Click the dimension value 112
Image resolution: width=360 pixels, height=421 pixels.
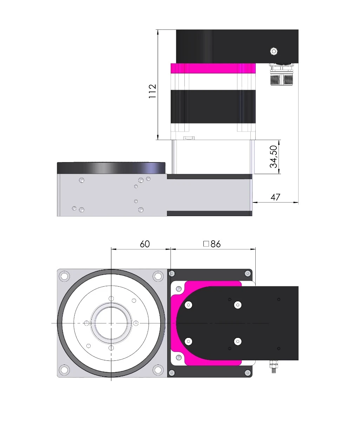tap(152, 91)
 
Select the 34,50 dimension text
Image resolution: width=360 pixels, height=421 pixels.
tap(273, 156)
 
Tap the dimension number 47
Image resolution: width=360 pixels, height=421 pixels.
tap(275, 197)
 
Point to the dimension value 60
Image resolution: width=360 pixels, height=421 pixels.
tap(145, 244)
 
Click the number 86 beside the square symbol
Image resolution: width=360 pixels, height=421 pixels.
tap(216, 244)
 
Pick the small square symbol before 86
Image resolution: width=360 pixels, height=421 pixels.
tap(206, 244)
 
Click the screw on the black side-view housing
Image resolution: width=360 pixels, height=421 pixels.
tap(274, 51)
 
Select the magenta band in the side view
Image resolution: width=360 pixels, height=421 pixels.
tap(213, 68)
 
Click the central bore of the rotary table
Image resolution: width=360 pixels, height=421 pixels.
tap(111, 323)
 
